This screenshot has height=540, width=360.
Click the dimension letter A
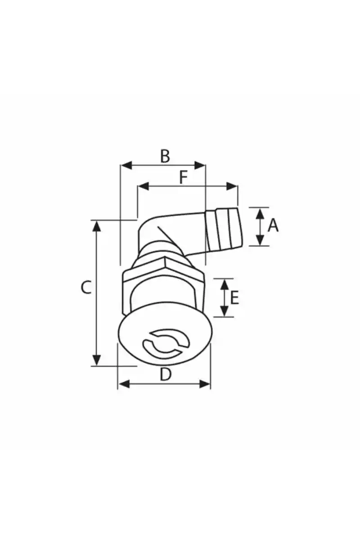(x=273, y=226)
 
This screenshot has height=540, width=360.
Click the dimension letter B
(x=165, y=156)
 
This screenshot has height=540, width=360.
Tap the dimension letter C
(x=86, y=287)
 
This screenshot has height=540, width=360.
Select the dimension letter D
(x=166, y=374)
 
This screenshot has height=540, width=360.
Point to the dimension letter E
(x=234, y=298)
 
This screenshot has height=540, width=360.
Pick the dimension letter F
(x=183, y=177)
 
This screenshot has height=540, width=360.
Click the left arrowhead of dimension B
(x=126, y=166)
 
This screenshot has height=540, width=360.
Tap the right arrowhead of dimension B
(x=200, y=166)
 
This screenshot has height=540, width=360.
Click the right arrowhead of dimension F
(x=232, y=186)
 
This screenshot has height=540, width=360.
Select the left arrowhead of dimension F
(x=143, y=186)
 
